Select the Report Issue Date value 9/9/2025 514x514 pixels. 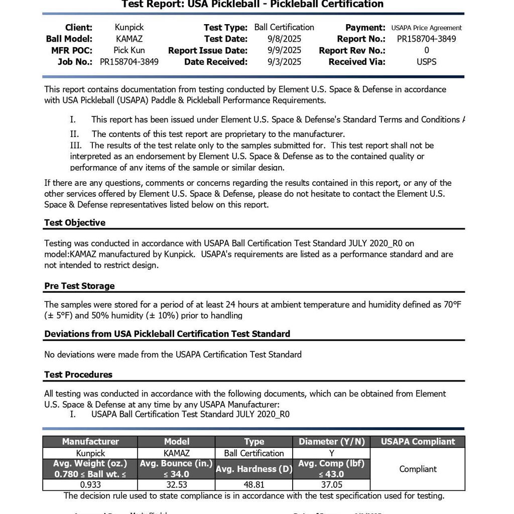click(x=284, y=50)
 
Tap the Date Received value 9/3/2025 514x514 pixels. click(x=284, y=62)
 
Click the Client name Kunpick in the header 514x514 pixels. click(x=129, y=28)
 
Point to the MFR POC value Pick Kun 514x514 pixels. click(x=129, y=50)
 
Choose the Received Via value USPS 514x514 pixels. click(x=426, y=62)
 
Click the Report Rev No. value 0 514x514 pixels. click(x=426, y=50)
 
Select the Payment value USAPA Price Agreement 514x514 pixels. click(x=426, y=28)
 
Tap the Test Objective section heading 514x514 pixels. click(x=75, y=222)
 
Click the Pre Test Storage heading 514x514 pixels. click(x=79, y=286)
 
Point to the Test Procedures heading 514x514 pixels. click(x=78, y=374)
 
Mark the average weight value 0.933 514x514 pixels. click(x=90, y=485)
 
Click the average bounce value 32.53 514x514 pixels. click(x=176, y=485)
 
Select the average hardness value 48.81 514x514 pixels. click(x=254, y=485)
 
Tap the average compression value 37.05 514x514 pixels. click(x=331, y=485)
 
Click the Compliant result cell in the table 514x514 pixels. click(x=418, y=469)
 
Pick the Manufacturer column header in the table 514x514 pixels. click(x=90, y=442)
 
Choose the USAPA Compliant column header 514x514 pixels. click(x=418, y=442)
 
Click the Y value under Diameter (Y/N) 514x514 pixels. click(x=331, y=453)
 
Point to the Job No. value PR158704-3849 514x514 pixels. click(x=129, y=62)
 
